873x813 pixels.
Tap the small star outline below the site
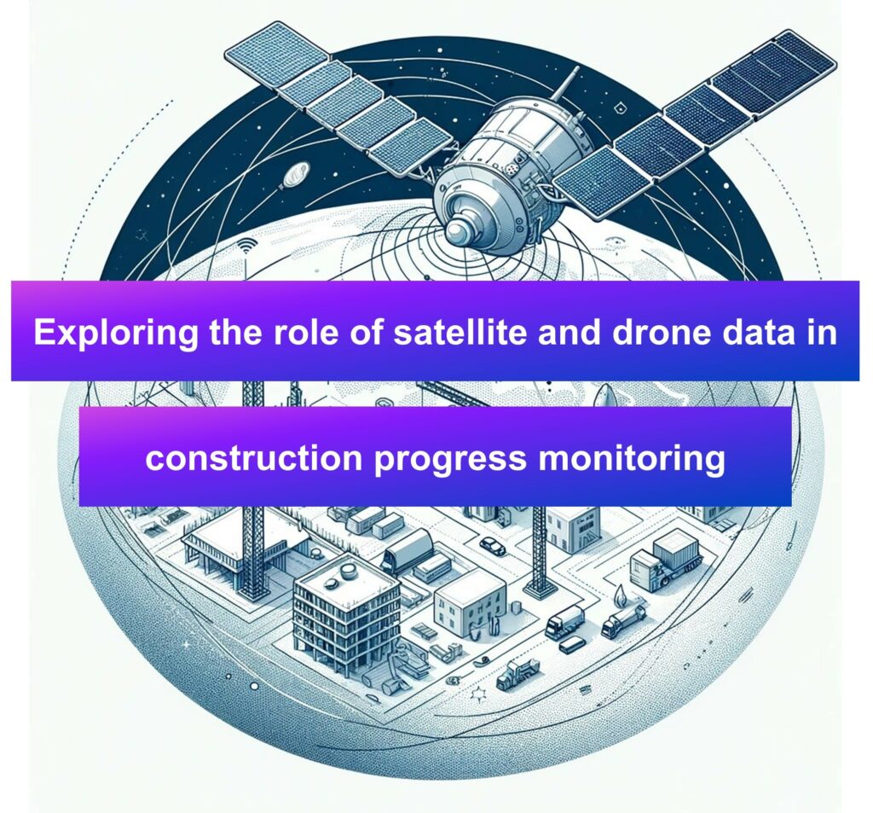[477, 694]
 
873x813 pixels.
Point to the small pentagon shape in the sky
[620, 108]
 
